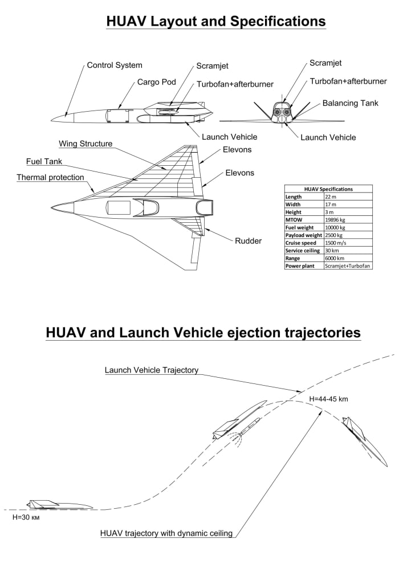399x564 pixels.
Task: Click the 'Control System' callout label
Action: tap(114, 66)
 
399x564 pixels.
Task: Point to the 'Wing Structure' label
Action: tap(85, 144)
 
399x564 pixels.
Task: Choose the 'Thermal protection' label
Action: tap(50, 178)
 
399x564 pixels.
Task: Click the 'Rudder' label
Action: tap(248, 241)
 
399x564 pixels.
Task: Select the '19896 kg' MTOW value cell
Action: tap(335, 219)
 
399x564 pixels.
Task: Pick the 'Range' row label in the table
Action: tap(294, 258)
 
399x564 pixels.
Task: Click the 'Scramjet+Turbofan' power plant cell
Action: tap(347, 265)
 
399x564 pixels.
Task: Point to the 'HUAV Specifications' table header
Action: tap(328, 189)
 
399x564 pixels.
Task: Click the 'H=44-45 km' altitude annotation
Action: tap(328, 399)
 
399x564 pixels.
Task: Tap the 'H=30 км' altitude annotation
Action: tap(27, 518)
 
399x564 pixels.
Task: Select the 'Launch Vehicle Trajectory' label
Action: tap(152, 370)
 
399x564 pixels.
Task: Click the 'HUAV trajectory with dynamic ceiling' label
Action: tap(166, 534)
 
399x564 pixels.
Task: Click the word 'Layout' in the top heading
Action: tap(181, 22)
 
